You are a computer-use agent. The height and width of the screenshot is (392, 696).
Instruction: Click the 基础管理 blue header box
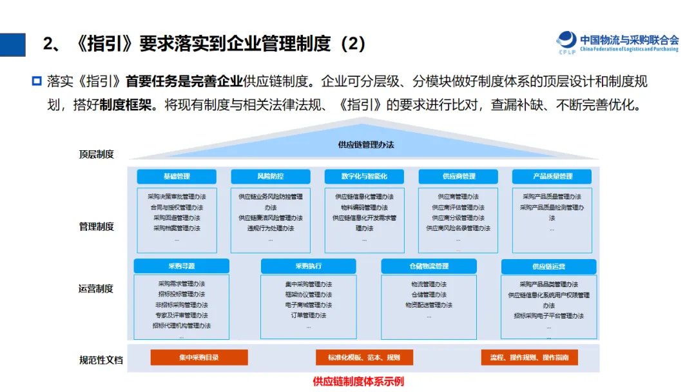177,176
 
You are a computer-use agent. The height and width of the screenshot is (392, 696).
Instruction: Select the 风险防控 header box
270,176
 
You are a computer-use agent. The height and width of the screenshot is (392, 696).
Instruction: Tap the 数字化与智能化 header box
364,176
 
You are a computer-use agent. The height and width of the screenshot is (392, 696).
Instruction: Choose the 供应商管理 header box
458,176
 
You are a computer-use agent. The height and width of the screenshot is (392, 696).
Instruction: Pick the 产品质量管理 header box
552,176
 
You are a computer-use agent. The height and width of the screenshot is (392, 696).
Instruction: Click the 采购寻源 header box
181,266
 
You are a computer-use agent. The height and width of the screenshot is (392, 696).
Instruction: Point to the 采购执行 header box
308,266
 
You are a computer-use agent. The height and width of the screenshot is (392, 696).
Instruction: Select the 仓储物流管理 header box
429,266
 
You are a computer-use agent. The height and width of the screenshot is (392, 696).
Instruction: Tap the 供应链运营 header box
548,266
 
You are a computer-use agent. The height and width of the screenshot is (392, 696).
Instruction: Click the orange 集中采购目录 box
198,357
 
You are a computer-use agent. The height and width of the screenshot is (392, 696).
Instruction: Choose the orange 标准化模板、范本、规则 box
364,357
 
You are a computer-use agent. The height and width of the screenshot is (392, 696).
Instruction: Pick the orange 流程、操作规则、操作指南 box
529,357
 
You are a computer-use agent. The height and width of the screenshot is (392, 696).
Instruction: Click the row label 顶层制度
97,154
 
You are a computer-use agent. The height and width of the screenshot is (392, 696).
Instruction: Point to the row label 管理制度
97,226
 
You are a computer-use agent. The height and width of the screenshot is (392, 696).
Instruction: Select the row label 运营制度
97,288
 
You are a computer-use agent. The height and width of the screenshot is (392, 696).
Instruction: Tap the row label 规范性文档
101,360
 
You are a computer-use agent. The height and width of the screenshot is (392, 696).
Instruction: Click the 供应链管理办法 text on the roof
365,145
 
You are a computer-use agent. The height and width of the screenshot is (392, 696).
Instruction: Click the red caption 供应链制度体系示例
358,381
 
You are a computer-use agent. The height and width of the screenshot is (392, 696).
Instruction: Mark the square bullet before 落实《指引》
37,82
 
